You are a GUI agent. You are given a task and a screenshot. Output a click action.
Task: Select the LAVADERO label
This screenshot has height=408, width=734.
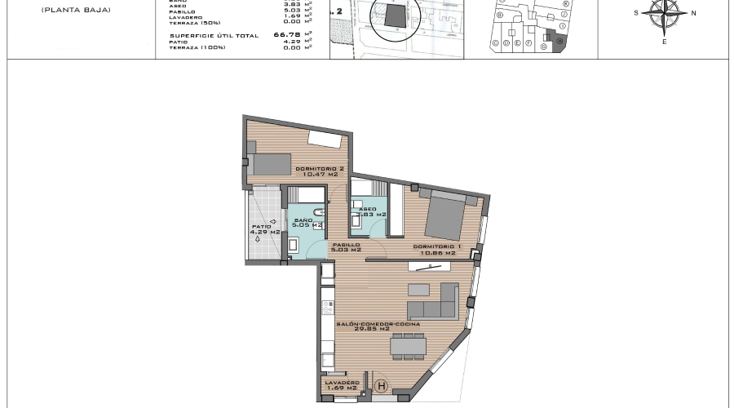341,384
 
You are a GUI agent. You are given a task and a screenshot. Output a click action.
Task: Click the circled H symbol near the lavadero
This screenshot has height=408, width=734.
380,385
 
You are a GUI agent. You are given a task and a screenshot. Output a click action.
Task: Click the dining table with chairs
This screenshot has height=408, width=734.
407,347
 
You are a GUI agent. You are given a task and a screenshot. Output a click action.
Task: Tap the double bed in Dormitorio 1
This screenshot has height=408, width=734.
444,215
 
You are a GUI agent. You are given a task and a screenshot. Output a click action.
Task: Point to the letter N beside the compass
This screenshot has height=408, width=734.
693,13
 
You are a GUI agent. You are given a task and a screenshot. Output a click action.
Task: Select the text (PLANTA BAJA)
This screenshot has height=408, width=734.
75,11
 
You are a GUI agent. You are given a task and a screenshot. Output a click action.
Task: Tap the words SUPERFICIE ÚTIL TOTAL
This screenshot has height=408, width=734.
213,36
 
